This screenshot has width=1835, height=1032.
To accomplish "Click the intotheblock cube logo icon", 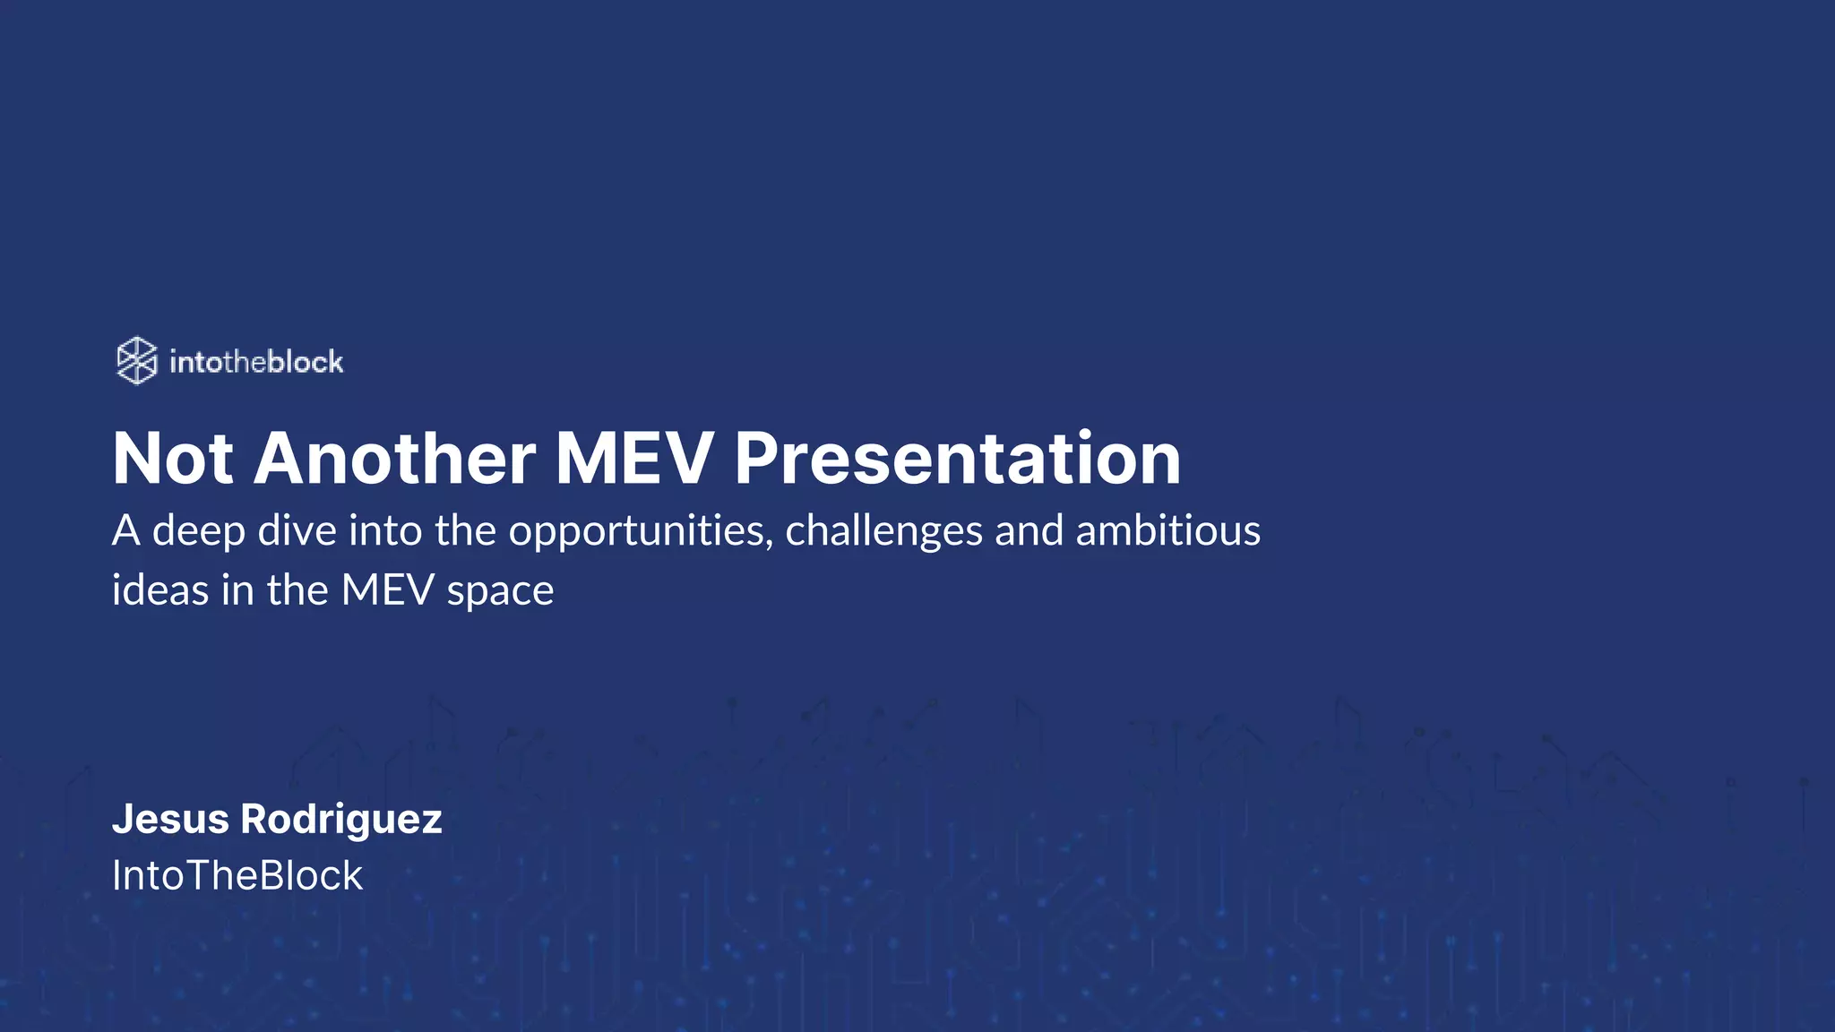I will [137, 361].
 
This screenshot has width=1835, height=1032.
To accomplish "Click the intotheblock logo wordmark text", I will [256, 362].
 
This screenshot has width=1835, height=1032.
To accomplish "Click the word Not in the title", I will [173, 459].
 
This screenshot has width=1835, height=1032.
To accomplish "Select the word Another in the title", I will [395, 459].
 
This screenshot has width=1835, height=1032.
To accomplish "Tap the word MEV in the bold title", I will [634, 459].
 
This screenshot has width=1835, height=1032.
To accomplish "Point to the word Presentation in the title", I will [958, 459].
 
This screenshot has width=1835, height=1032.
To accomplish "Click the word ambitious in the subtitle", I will [1167, 530].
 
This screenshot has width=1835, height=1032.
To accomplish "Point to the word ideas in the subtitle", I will [160, 590].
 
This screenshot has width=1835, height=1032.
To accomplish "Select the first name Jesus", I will [170, 819].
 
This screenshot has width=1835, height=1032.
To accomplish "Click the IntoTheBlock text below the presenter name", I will [237, 875].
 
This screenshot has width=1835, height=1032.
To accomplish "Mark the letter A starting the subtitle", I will [125, 530].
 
